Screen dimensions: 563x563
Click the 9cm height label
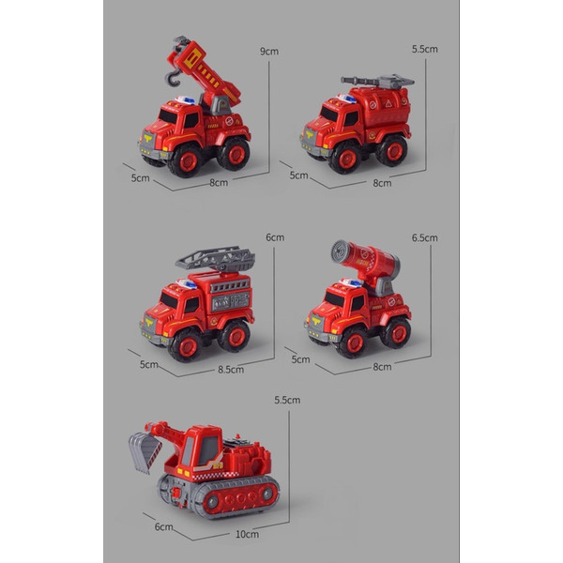point(269,52)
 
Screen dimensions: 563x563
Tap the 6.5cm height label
point(425,237)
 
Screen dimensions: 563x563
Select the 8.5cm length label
point(231,370)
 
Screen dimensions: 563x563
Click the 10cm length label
point(247,534)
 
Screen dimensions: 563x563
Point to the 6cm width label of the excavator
point(163,526)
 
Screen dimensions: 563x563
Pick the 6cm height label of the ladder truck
point(275,237)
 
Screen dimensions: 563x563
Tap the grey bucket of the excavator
point(145,453)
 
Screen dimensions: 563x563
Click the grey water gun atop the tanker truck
point(377,82)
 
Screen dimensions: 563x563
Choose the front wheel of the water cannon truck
point(353,342)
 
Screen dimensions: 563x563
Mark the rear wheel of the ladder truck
point(235,337)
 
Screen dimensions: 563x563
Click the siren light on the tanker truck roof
point(346,99)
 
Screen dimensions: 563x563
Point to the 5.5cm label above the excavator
point(287,400)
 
